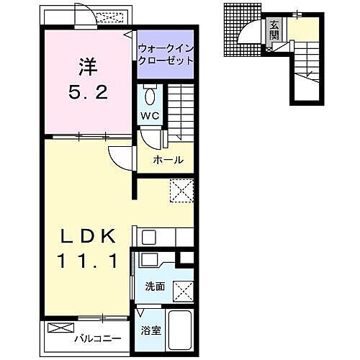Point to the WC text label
click(149, 116)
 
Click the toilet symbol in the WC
click(149, 96)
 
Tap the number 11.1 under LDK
click(86, 264)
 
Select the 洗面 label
click(155, 287)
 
